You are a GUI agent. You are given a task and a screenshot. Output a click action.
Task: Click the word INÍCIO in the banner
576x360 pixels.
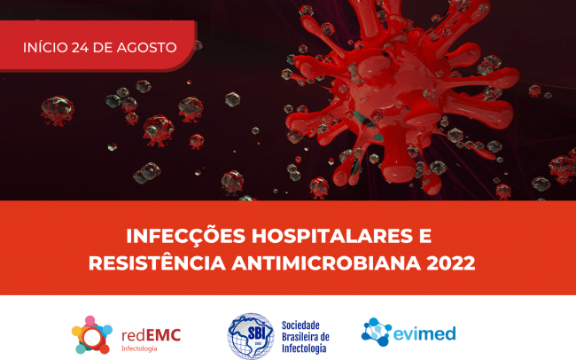pos(45,47)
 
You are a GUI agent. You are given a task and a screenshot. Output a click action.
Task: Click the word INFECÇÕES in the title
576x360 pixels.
pos(186,236)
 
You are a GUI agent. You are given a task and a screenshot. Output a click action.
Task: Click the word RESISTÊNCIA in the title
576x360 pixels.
pos(157,263)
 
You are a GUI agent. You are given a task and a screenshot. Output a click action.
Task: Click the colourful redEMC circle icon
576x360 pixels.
pos(92,335)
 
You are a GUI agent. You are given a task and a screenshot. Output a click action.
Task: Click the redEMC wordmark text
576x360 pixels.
pos(151,335)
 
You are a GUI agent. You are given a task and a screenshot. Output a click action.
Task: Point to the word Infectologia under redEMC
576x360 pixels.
pos(139,348)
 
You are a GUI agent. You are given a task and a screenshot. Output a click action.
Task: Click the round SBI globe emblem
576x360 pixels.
pos(251,336)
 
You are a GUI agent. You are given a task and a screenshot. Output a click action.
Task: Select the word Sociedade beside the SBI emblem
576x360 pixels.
pos(300,325)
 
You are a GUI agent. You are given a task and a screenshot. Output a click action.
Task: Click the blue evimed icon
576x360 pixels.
pos(376,332)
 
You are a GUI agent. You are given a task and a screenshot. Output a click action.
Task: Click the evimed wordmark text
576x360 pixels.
pos(424,333)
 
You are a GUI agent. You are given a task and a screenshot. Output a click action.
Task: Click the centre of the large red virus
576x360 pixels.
pos(395,92)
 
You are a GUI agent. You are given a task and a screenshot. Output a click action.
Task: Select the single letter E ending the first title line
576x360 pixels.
pos(425,236)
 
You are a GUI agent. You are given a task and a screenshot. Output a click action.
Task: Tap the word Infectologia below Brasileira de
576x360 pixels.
pos(304,348)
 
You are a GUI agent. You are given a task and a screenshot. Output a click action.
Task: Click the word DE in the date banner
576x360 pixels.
pos(103,47)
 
